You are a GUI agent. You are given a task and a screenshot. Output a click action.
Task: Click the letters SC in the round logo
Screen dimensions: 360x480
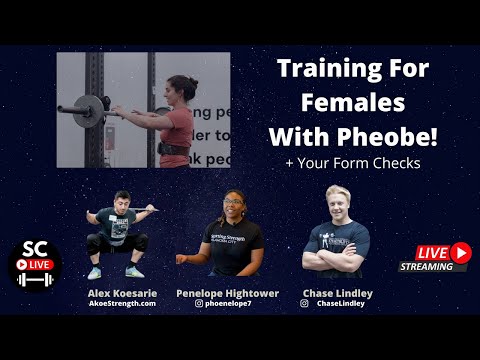coord(34,249)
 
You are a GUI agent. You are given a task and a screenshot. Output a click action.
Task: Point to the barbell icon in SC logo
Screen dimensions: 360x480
coord(35,280)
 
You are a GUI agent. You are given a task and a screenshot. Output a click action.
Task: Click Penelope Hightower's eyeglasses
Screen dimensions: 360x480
coord(234,202)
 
